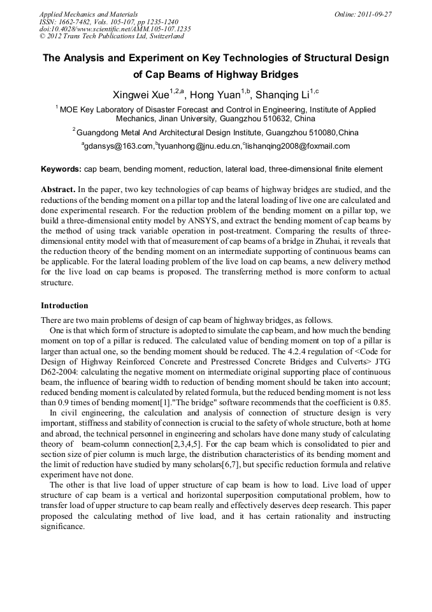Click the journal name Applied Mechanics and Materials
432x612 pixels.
88,13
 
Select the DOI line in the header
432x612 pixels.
115,29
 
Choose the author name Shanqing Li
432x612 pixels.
280,95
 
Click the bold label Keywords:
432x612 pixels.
61,169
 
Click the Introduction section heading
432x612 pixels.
64,305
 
